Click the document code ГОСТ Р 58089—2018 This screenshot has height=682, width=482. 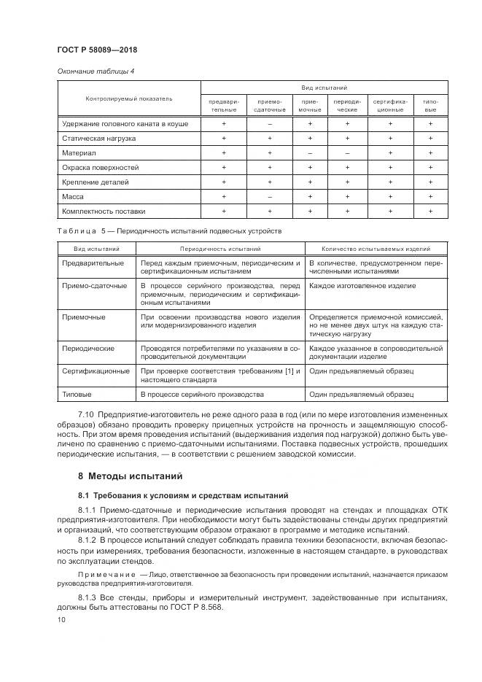(97, 50)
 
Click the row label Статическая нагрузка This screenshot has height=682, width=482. (99, 138)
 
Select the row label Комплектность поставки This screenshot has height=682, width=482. (104, 211)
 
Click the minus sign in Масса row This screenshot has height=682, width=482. (269, 196)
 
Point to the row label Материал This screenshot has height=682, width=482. (77, 152)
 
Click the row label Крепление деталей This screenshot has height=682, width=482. (96, 182)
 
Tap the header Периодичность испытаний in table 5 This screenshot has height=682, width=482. (219, 249)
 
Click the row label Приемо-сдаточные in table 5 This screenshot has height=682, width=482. (95, 286)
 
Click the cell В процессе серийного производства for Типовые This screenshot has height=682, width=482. (202, 394)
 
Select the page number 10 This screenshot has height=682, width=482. (61, 620)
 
